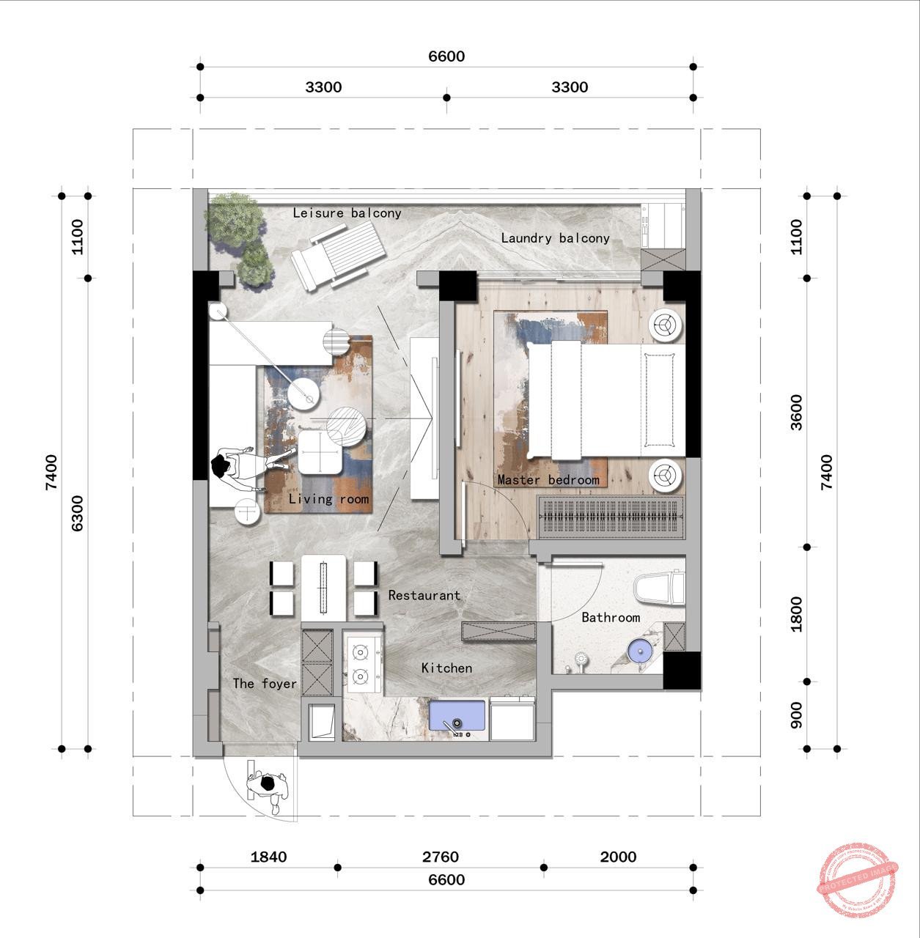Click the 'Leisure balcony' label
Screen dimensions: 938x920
pyautogui.click(x=347, y=213)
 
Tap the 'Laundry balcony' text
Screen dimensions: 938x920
pyautogui.click(x=555, y=238)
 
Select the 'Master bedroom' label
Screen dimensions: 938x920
pyautogui.click(x=548, y=480)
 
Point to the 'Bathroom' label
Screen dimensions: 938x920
pyautogui.click(x=611, y=618)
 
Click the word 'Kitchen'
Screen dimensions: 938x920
pyautogui.click(x=446, y=668)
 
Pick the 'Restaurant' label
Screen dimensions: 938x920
pyautogui.click(x=424, y=596)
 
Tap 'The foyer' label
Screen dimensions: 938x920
pyautogui.click(x=265, y=684)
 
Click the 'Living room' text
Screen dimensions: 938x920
pyautogui.click(x=328, y=499)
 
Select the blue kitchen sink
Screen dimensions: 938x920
pyautogui.click(x=458, y=718)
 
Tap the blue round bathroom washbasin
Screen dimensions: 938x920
pyautogui.click(x=640, y=650)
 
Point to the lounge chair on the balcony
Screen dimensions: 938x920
pyautogui.click(x=338, y=254)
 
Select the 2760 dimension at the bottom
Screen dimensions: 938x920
pyautogui.click(x=441, y=857)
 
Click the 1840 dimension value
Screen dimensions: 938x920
pyautogui.click(x=268, y=857)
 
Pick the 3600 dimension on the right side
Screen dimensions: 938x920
pyautogui.click(x=797, y=412)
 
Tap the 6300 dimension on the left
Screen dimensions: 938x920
pyautogui.click(x=78, y=513)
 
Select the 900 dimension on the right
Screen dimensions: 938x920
pyautogui.click(x=797, y=715)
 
